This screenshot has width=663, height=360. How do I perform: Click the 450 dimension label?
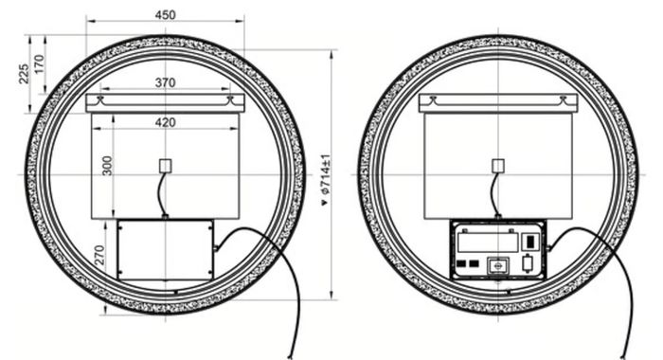[165, 15]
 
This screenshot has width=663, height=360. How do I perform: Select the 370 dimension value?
[165, 82]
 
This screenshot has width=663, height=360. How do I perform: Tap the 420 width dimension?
[165, 122]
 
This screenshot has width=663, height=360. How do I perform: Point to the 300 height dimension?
[107, 166]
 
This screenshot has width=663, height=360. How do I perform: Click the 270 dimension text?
[99, 255]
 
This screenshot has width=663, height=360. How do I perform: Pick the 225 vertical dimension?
[24, 74]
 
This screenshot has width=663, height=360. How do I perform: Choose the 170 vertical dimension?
[39, 64]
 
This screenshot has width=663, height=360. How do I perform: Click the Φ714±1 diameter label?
[326, 174]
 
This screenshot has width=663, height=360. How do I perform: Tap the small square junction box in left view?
[166, 166]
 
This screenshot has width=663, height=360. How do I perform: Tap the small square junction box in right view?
[498, 166]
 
